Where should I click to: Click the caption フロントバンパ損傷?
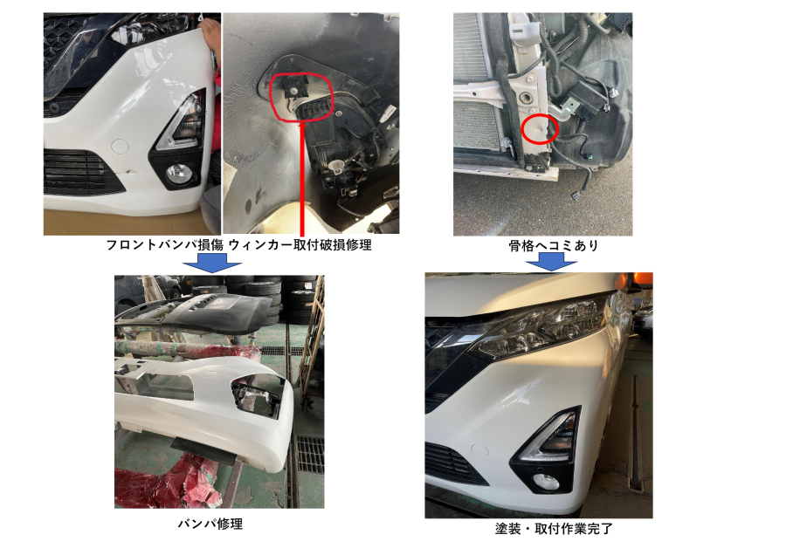[165, 245]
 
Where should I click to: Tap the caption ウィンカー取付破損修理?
[300, 245]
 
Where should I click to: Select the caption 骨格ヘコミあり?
[554, 245]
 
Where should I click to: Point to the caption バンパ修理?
[210, 524]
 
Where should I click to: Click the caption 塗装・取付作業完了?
[554, 529]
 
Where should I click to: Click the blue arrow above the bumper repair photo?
[212, 263]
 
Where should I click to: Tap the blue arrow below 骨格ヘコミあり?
[551, 261]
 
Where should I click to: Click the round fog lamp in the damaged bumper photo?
[177, 174]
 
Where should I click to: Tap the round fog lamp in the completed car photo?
[545, 482]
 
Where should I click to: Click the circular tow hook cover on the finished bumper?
[479, 449]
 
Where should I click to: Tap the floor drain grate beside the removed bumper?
[310, 455]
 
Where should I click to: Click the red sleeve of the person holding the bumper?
[216, 84]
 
